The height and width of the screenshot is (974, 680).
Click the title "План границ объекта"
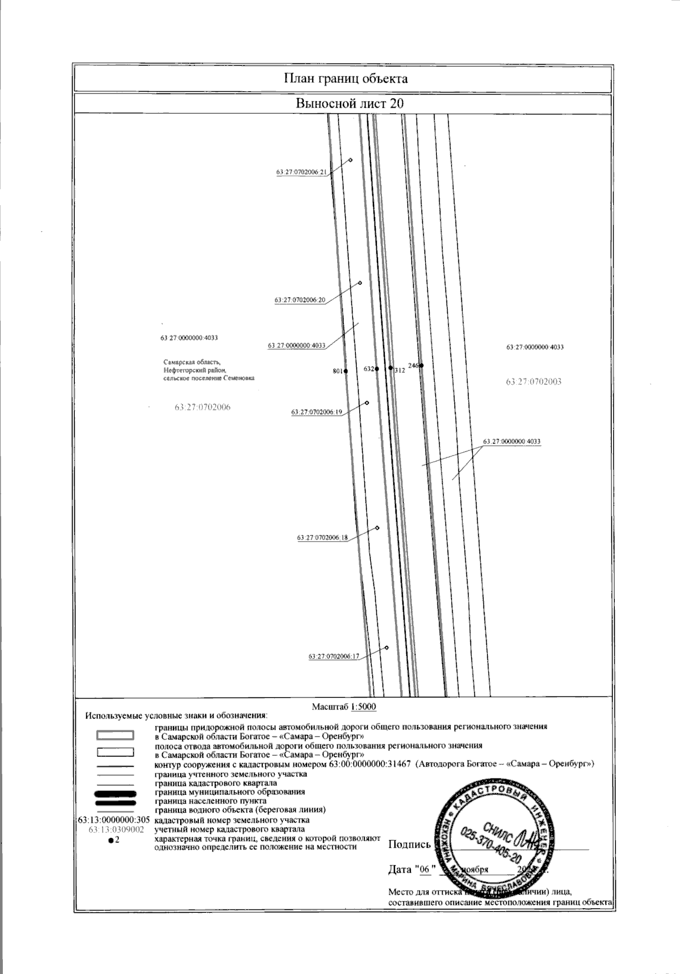pyautogui.click(x=345, y=78)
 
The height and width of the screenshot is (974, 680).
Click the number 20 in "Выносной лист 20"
pyautogui.click(x=396, y=104)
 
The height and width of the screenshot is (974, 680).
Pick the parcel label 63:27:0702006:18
pyautogui.click(x=322, y=537)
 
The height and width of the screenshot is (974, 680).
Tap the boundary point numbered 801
pyautogui.click(x=346, y=371)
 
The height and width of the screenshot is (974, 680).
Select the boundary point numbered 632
pyautogui.click(x=377, y=369)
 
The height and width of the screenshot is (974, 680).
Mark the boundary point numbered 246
pyautogui.click(x=422, y=365)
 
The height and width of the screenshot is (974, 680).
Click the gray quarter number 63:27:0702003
pyautogui.click(x=534, y=381)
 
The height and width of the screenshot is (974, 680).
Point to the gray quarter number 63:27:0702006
pyautogui.click(x=203, y=407)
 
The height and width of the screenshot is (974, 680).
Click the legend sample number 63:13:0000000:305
pyautogui.click(x=113, y=820)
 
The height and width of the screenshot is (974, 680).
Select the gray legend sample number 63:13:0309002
pyautogui.click(x=116, y=829)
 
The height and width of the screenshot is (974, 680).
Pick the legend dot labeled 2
pyautogui.click(x=110, y=840)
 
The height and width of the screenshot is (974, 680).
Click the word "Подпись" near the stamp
pyautogui.click(x=409, y=845)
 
